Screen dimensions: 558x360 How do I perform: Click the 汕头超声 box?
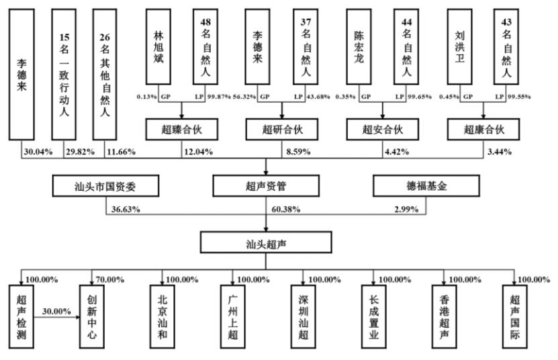pos(266,242)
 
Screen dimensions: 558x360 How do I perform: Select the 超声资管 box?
pos(266,185)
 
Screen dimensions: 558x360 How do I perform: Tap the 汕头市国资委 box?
pos(105,185)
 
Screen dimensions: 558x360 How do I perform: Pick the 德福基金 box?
pos(426,185)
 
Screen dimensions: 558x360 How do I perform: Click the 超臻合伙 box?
pos(182,129)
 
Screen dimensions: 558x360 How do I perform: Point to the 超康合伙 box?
pos(483,129)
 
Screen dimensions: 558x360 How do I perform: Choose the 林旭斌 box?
pos(158,46)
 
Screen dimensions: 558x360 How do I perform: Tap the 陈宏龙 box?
pos(359,46)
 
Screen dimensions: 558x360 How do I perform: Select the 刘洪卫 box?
pos(459,46)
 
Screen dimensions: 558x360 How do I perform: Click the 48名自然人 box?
pos(205,46)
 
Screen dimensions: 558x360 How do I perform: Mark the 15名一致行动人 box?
pos(64,75)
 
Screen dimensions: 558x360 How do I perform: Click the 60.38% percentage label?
pos(286,209)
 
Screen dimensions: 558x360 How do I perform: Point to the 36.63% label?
pos(126,209)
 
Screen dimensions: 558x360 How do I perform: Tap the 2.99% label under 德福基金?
pos(406,209)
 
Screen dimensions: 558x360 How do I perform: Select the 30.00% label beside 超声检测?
pos(56,311)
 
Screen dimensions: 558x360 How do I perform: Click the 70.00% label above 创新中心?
pos(110,279)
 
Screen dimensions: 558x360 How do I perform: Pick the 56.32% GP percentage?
pos(244,97)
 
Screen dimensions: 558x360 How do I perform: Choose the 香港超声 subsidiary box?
pos(444,316)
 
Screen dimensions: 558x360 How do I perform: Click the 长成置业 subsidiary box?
pos(373,316)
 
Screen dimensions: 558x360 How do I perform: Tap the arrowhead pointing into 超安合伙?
pos(383,116)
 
